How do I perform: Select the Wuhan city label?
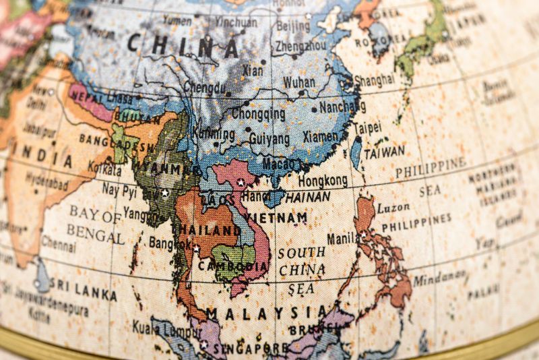298,82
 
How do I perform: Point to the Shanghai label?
374,80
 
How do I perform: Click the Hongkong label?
323,181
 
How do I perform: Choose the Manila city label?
343,239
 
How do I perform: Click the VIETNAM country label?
276,218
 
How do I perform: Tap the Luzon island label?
393,208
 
